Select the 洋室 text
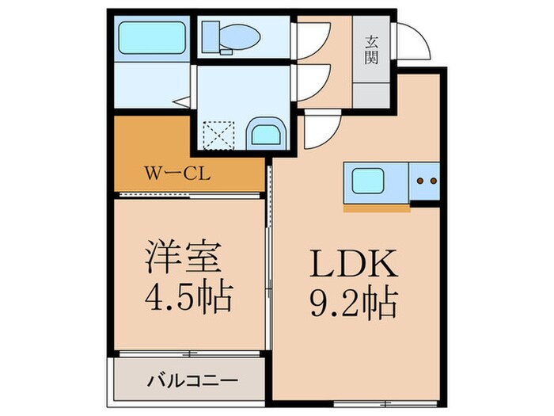188,259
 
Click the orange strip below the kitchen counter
377,210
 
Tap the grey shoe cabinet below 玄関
371,94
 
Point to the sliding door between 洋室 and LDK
268,261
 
